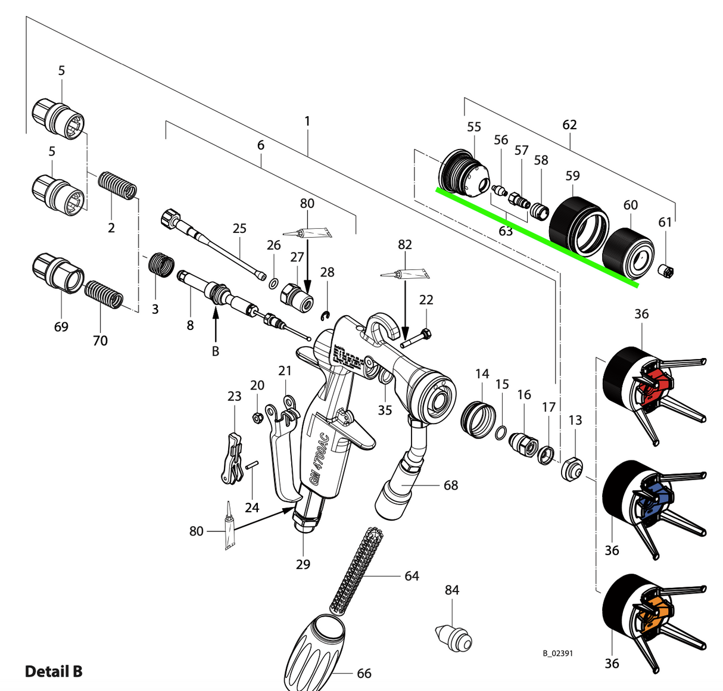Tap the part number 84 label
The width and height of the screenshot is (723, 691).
[452, 590]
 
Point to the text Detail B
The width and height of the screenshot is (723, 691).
[54, 671]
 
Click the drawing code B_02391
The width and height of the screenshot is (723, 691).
[557, 653]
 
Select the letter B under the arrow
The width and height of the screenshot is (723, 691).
[216, 351]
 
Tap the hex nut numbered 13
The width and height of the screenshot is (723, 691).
[572, 469]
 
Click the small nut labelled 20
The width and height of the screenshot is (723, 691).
[257, 417]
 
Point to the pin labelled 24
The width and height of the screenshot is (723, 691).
[253, 465]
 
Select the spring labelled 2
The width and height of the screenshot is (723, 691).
[117, 186]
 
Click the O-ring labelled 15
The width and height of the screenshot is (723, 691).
[501, 432]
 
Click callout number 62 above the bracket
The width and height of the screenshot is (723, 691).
[569, 124]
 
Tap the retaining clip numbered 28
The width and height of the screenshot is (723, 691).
[326, 315]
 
